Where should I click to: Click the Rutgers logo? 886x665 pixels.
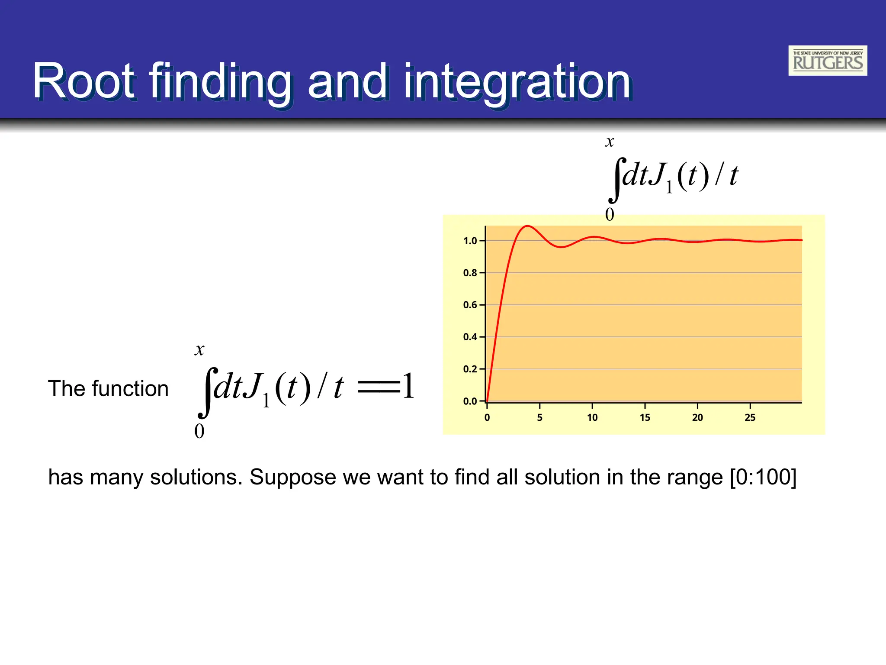(x=827, y=61)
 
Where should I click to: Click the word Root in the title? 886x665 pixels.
(x=84, y=81)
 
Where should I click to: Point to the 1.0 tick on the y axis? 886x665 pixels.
(x=470, y=241)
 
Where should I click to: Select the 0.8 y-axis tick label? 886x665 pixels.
(x=470, y=273)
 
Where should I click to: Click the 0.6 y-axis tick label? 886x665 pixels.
(x=470, y=305)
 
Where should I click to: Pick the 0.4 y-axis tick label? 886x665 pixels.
(x=470, y=337)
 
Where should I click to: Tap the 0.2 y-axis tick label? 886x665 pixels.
(x=470, y=369)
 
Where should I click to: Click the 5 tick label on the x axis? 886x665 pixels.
(x=539, y=417)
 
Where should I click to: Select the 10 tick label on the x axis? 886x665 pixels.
(x=592, y=417)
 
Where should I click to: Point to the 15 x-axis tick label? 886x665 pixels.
(x=645, y=417)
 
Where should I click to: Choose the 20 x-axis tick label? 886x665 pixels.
(x=697, y=417)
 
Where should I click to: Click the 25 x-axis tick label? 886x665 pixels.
(x=750, y=417)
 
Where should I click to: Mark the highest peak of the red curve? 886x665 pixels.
(x=527, y=226)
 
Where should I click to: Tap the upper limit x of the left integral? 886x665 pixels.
(x=199, y=349)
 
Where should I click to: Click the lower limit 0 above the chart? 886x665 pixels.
(x=610, y=214)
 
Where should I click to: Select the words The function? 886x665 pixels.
(x=108, y=388)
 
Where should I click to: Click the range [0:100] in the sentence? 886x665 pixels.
(x=763, y=477)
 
